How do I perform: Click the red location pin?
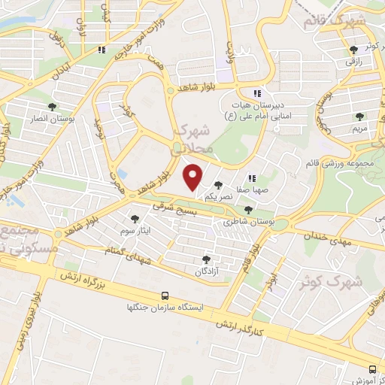click(x=194, y=176)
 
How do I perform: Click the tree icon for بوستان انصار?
click(x=52, y=107)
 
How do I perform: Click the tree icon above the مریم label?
click(x=360, y=116)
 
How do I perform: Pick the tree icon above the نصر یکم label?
click(x=218, y=185)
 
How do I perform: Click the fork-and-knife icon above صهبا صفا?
click(x=253, y=179)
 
